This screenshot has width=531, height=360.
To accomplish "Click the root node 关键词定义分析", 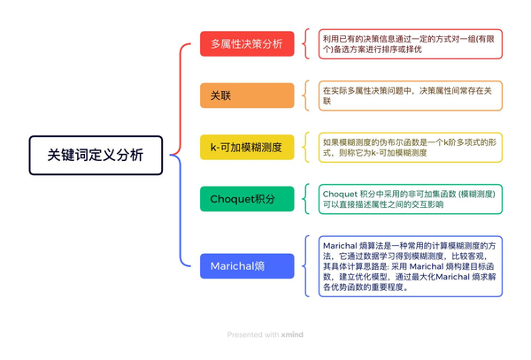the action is click(x=96, y=156).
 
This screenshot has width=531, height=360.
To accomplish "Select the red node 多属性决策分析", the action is click(x=247, y=43).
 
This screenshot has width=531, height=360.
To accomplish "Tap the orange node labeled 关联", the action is click(x=247, y=96).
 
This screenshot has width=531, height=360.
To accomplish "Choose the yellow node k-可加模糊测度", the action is click(x=247, y=147).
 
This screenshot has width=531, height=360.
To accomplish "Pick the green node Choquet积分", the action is click(x=247, y=199).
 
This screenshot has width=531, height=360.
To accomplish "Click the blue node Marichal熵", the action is click(x=247, y=266).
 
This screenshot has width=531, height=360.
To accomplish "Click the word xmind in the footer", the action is click(x=292, y=334).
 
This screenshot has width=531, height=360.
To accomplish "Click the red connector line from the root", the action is click(x=181, y=98).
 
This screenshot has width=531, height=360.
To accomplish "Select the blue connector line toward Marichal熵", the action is click(x=181, y=210).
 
